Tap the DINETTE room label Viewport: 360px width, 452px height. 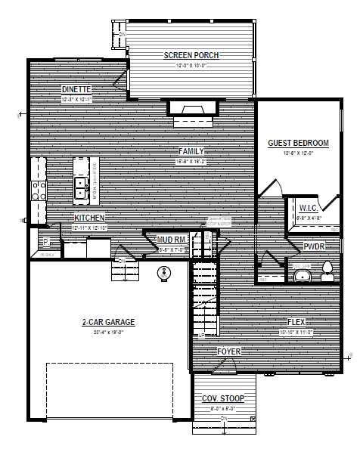tap(76, 89)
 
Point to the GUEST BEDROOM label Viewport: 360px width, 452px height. tap(299, 143)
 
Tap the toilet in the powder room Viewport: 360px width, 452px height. tap(328, 271)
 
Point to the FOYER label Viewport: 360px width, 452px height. tap(228, 352)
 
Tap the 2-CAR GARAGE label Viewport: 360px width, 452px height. tap(108, 322)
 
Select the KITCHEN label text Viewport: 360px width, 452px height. tap(89, 218)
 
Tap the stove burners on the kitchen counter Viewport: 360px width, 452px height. tap(37, 190)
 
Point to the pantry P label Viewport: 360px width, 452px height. tap(45, 242)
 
